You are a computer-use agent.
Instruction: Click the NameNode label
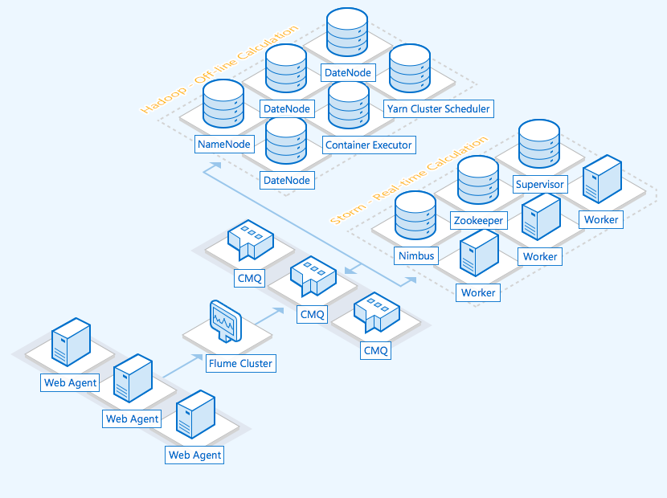pos(225,145)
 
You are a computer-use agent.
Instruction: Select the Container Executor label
pos(368,145)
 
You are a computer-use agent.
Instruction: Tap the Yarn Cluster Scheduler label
pos(437,108)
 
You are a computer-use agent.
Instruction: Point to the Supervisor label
pos(540,184)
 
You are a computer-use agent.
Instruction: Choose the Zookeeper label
pos(478,220)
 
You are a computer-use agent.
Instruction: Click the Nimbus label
pos(415,256)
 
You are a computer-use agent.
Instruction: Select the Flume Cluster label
pos(240,363)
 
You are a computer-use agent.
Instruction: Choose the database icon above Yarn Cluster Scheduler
pos(411,69)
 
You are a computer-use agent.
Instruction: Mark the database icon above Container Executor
pos(348,105)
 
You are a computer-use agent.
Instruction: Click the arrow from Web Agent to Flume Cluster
pos(182,365)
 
